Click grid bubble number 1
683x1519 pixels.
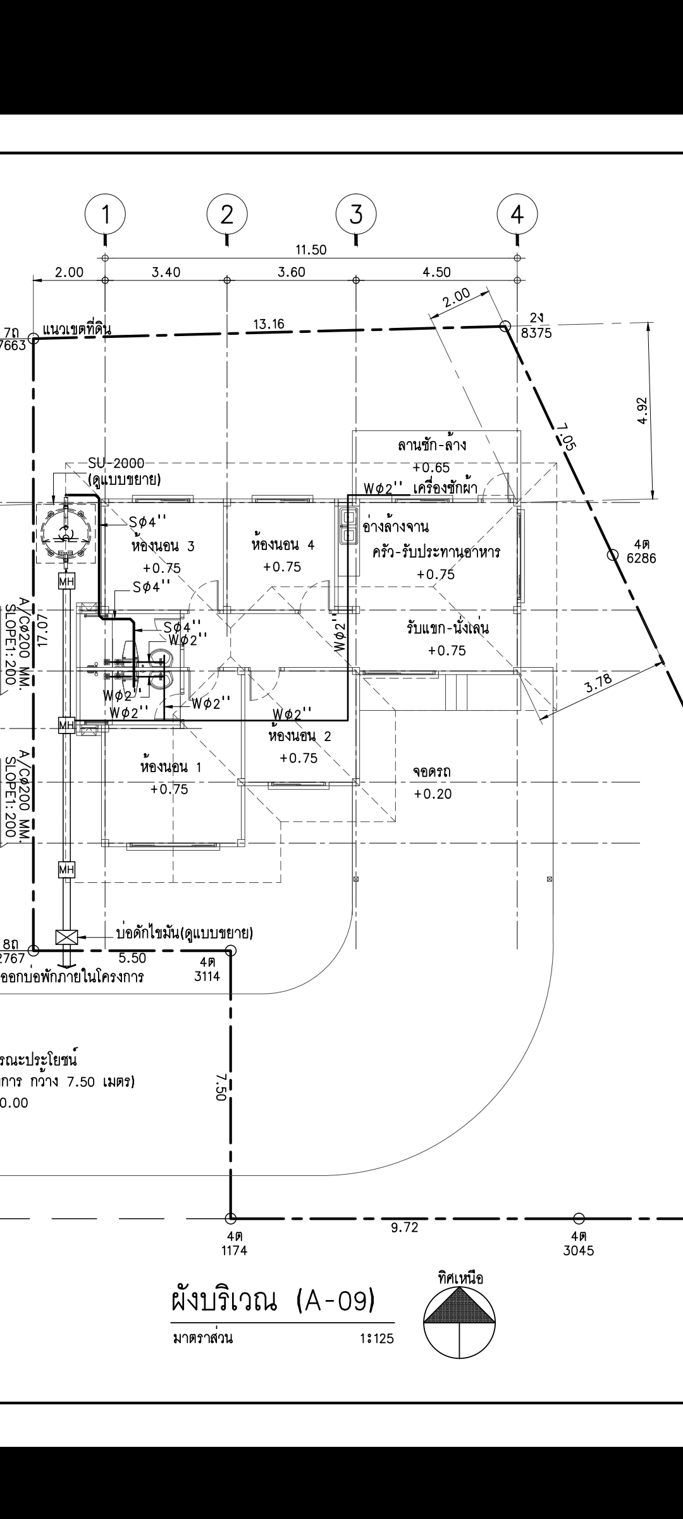[x=105, y=215]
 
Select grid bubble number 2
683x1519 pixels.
[x=227, y=215]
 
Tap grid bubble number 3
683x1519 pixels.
[x=356, y=215]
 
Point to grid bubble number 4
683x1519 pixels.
[x=517, y=215]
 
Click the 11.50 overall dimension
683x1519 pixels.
[x=311, y=250]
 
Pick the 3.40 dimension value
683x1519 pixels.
[x=166, y=273]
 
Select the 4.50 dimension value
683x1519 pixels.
[x=436, y=273]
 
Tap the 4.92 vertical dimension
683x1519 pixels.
[x=643, y=411]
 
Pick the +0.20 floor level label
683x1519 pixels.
[x=433, y=794]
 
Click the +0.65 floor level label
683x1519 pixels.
[x=431, y=468]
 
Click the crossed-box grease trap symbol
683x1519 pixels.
[x=65, y=937]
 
